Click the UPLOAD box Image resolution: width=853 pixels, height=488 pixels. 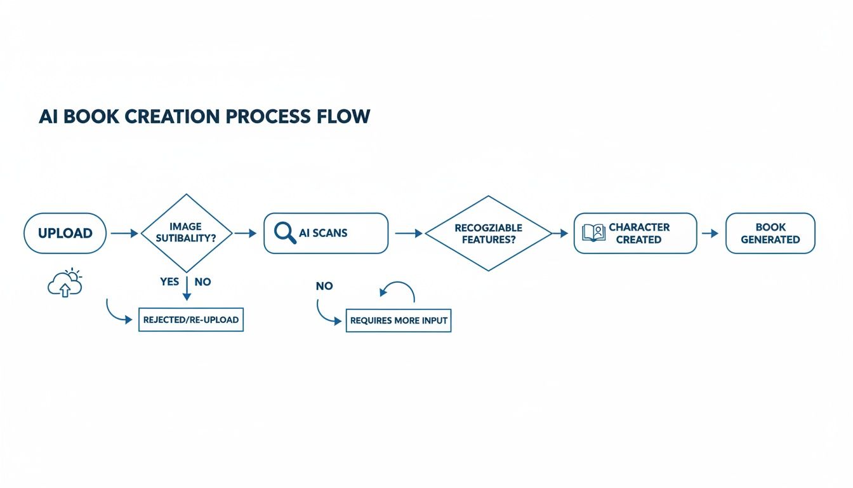click(65, 233)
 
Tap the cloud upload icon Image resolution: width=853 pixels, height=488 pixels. click(65, 283)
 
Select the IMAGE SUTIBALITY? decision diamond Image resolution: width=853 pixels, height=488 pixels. click(186, 233)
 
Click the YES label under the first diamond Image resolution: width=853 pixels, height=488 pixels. click(169, 281)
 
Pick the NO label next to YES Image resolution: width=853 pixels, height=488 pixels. click(202, 281)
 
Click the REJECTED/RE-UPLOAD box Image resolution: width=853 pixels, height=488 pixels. click(190, 320)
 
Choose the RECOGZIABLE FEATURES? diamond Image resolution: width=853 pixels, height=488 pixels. click(488, 233)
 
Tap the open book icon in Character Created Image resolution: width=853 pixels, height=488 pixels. click(593, 233)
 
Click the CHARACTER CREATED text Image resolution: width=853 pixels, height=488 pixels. click(638, 233)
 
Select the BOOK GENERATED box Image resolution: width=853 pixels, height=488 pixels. click(770, 233)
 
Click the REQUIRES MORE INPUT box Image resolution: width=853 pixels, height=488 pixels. click(399, 321)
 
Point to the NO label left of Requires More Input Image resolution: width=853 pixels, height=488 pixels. click(324, 286)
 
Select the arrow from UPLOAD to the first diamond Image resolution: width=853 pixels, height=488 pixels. click(124, 234)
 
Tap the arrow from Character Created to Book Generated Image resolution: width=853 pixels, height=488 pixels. click(710, 234)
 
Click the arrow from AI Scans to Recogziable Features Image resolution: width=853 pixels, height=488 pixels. click(409, 234)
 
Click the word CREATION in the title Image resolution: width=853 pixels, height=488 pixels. click(164, 117)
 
